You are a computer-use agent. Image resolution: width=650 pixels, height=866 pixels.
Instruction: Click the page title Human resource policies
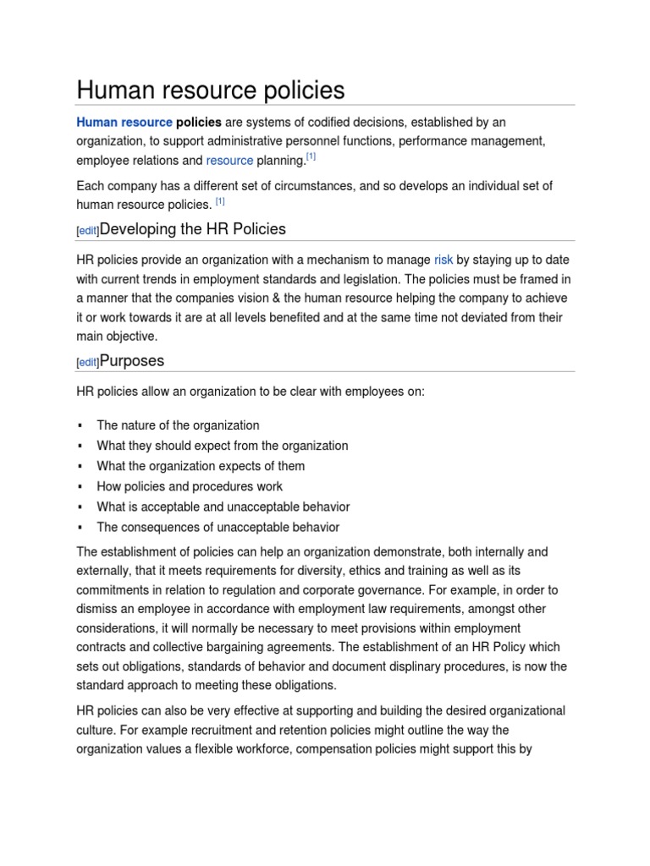(x=211, y=90)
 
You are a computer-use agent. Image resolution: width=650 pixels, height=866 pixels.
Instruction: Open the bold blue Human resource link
(x=124, y=123)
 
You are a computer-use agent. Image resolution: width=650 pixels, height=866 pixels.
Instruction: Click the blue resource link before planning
(x=229, y=161)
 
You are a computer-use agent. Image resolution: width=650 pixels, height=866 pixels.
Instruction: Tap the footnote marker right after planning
(x=311, y=156)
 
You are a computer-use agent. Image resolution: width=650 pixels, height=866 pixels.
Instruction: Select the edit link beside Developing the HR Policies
(x=88, y=231)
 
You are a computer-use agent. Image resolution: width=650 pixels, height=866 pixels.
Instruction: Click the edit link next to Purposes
(x=88, y=363)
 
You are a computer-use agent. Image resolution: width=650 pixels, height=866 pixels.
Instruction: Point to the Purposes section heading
(x=132, y=361)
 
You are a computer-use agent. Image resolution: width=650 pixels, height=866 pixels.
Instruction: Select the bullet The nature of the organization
(x=178, y=425)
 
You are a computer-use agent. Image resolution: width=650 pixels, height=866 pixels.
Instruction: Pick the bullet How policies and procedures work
(x=190, y=486)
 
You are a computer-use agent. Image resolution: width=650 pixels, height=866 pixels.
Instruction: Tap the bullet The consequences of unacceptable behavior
(x=218, y=527)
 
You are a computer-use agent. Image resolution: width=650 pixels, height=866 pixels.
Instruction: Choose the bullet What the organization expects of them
(x=201, y=466)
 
